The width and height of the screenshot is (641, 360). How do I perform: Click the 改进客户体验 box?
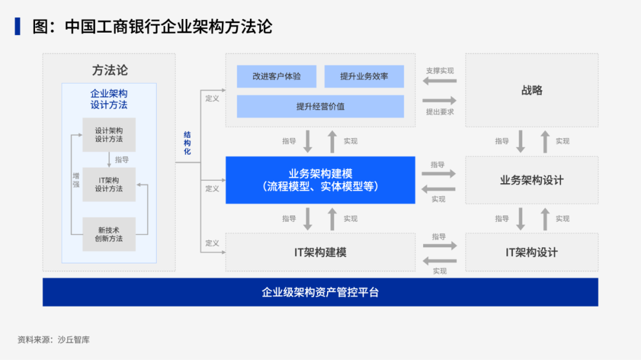(x=277, y=77)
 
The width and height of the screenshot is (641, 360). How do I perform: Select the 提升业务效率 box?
(x=364, y=77)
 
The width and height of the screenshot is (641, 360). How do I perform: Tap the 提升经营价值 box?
(x=320, y=107)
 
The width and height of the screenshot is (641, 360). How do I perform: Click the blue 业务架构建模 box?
(x=320, y=180)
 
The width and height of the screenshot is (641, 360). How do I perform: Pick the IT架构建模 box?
(x=320, y=252)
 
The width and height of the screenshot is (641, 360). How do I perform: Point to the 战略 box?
(x=532, y=91)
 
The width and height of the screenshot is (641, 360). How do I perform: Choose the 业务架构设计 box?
(x=532, y=180)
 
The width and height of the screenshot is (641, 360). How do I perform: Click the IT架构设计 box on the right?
(x=532, y=252)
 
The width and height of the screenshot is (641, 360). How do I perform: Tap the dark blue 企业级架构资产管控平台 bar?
(x=320, y=292)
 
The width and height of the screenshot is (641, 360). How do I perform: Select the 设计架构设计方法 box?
(x=109, y=135)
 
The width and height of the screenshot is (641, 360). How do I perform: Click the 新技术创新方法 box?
(x=109, y=234)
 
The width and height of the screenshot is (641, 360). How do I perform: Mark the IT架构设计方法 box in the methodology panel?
(x=109, y=184)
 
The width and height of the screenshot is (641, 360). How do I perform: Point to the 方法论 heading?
(x=109, y=70)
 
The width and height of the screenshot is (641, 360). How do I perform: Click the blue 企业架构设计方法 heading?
(x=109, y=99)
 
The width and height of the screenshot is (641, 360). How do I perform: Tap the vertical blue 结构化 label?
(x=188, y=143)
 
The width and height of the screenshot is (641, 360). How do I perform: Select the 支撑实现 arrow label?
(x=440, y=71)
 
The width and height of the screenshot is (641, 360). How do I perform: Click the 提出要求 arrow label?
(x=440, y=111)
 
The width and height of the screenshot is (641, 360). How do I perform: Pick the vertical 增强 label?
(x=76, y=180)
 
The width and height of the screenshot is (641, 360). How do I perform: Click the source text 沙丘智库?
(x=74, y=340)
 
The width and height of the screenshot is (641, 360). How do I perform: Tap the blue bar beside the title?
(x=18, y=27)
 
